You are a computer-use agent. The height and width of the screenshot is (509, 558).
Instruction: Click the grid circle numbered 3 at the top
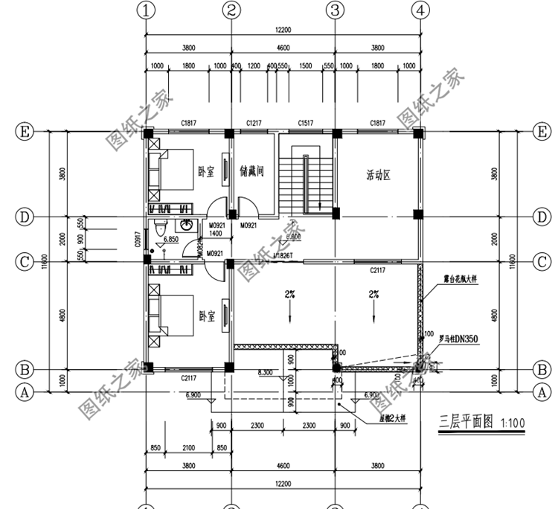335,10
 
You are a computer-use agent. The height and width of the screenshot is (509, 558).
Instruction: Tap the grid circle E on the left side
25,132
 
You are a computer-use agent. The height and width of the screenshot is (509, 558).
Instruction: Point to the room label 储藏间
253,171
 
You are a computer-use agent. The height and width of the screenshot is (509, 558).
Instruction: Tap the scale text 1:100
512,424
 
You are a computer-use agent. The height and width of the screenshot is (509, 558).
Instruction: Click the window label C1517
305,123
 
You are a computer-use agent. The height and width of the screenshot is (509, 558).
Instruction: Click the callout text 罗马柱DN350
459,338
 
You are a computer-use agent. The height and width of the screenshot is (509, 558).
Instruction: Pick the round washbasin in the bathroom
187,225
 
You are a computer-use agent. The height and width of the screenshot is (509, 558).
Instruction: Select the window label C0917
138,238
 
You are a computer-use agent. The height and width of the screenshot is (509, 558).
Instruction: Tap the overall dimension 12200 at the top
283,31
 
